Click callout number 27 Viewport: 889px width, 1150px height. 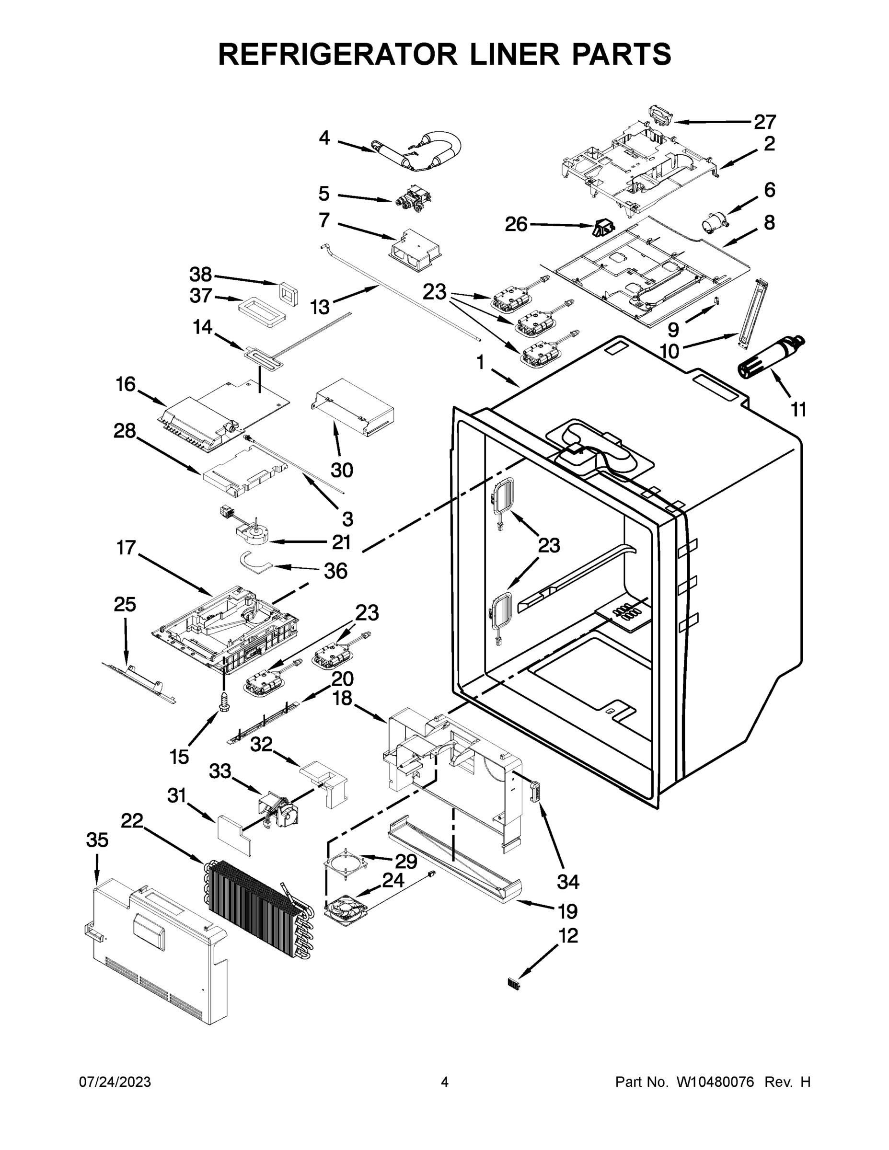pos(765,122)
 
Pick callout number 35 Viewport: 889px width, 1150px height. pos(97,840)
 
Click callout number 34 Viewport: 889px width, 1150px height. pos(568,882)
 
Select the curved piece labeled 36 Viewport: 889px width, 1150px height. pos(254,560)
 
